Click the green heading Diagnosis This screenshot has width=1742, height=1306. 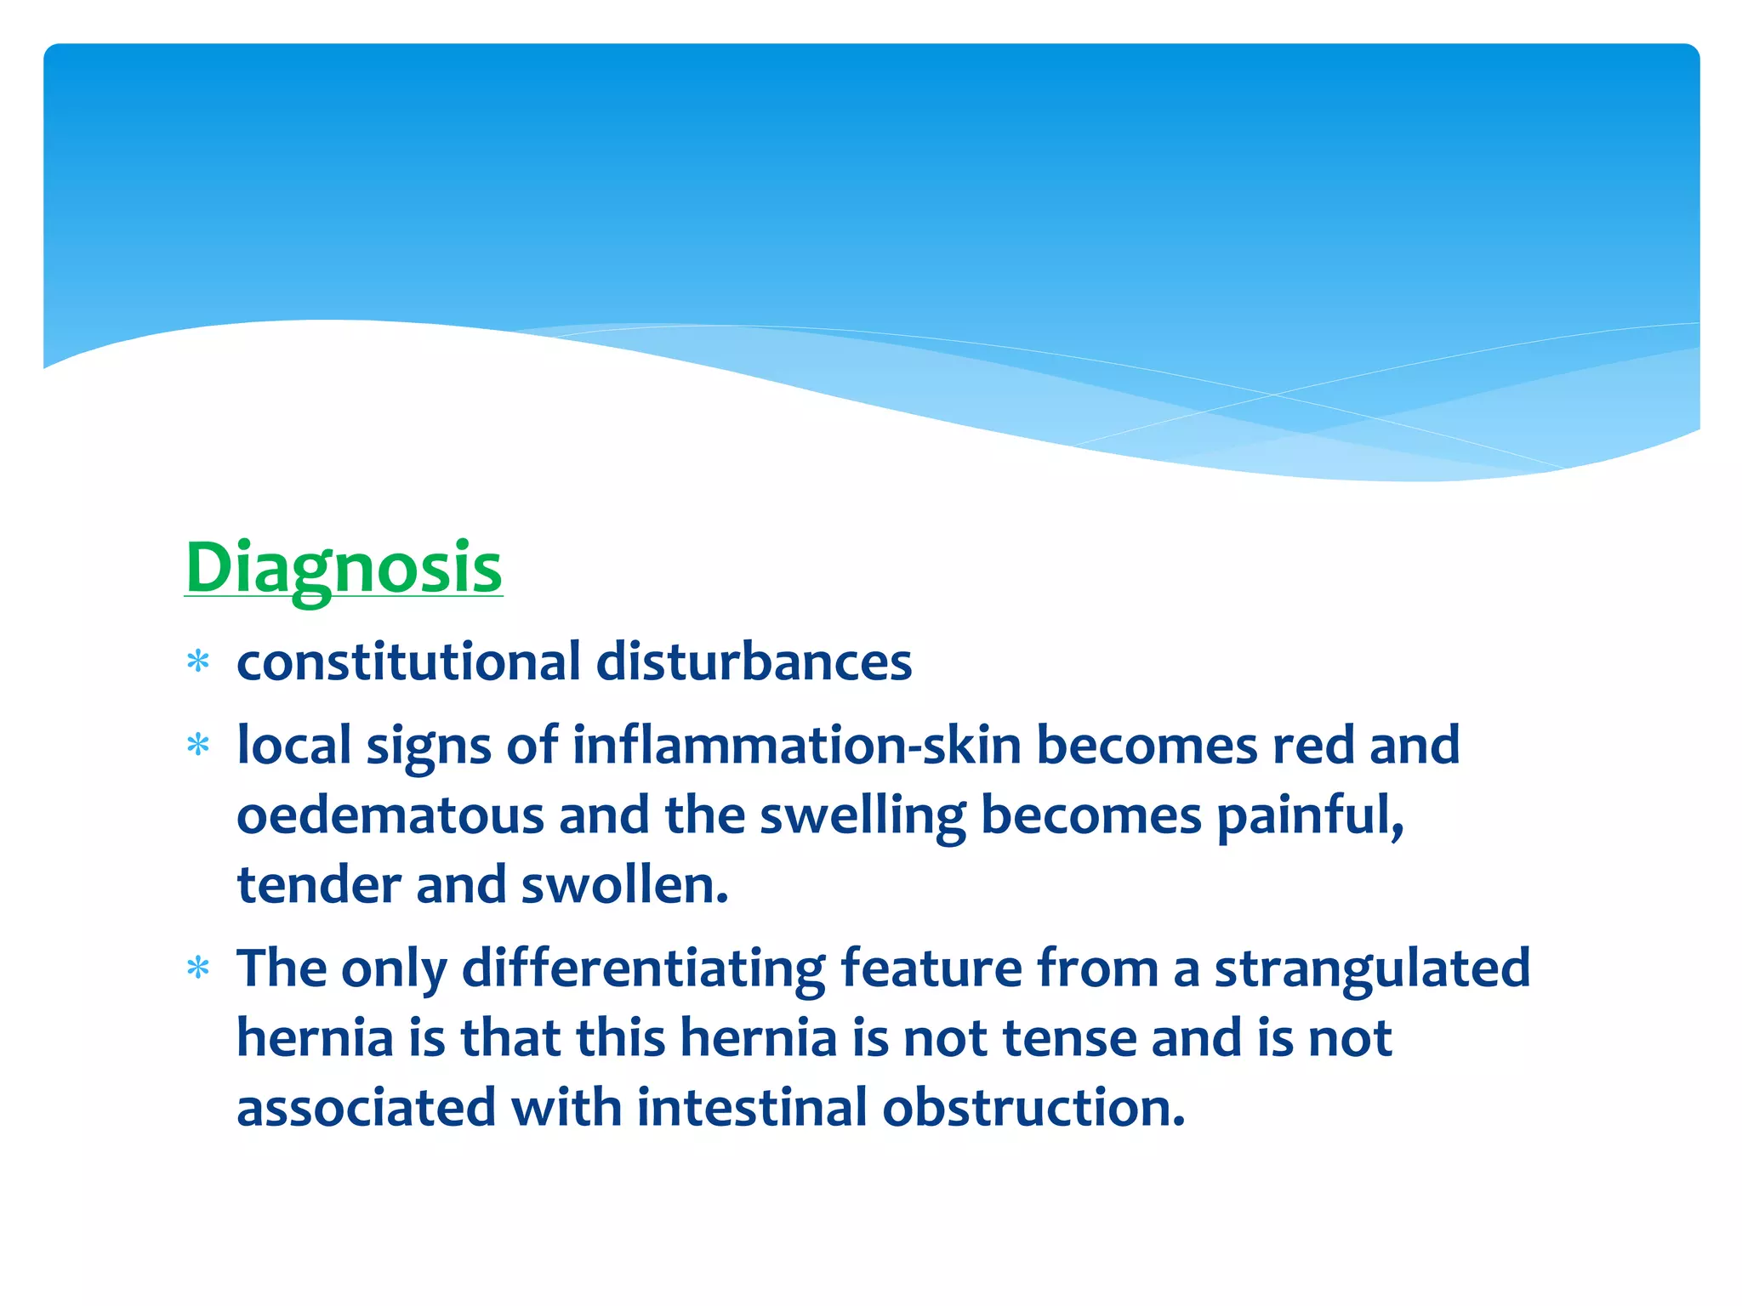(344, 568)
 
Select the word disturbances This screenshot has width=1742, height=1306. (754, 662)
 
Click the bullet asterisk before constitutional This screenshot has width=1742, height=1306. (198, 662)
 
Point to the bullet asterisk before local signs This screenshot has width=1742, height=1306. (198, 746)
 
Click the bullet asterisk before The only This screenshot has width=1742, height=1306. (198, 968)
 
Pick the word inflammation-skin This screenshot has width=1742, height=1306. (796, 746)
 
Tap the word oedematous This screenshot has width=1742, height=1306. (390, 815)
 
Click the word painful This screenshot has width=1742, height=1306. (1309, 815)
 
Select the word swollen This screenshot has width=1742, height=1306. (624, 885)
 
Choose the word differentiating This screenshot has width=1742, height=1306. (643, 968)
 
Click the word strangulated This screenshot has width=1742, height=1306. (1371, 968)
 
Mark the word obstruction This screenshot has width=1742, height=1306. (1033, 1108)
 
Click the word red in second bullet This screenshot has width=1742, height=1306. (1312, 746)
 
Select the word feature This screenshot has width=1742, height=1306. (931, 968)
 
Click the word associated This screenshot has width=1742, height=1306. (366, 1108)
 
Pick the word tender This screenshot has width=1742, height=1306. (318, 885)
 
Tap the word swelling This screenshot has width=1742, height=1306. (862, 815)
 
